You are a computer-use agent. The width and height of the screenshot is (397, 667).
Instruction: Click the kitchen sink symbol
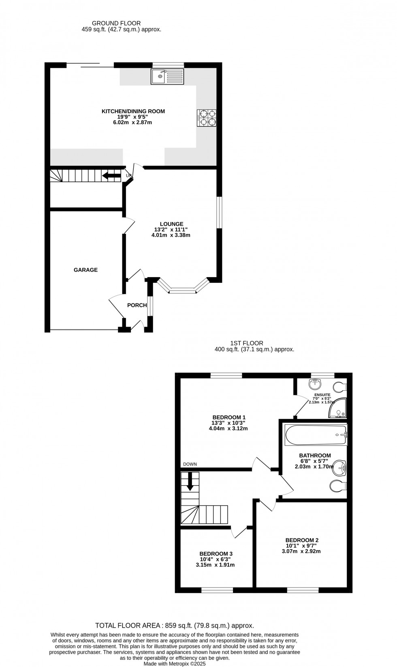coord(167,76)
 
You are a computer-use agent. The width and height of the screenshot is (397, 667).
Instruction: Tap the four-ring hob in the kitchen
coord(207,118)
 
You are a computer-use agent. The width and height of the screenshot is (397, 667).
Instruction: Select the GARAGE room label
coord(85,270)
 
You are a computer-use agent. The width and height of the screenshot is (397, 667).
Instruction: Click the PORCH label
coord(137,305)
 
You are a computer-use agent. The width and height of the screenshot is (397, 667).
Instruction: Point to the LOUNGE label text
coord(171,224)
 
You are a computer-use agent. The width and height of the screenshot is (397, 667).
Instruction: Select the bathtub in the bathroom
coord(316,435)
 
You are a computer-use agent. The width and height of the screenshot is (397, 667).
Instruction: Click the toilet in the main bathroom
coord(337,485)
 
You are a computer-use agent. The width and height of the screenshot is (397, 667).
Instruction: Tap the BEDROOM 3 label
coord(216,554)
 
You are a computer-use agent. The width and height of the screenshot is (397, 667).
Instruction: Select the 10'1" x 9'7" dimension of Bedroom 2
coord(301,546)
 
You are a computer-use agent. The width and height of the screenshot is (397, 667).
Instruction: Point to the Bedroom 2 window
coord(303,590)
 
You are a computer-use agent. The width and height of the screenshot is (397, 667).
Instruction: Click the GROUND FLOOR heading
coord(116,24)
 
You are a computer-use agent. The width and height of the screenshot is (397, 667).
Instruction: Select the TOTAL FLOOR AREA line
coord(174,626)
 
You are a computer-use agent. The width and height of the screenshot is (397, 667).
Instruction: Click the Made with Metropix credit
coord(175,664)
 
